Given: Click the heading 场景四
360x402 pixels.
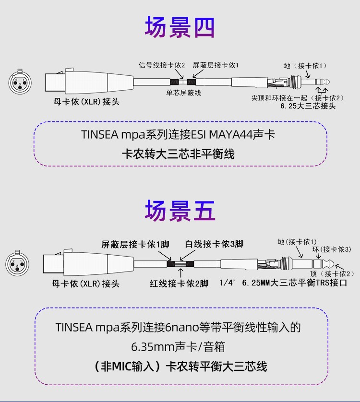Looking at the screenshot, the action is click(180, 27).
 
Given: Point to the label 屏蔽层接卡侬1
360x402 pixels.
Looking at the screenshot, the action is click(216, 65).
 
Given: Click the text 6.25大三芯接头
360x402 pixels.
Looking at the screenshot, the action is click(308, 106).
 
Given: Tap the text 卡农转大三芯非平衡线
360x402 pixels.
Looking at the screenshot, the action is click(180, 154).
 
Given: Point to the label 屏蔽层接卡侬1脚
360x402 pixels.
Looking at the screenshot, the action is click(135, 244).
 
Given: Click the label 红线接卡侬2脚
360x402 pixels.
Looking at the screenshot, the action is click(179, 283).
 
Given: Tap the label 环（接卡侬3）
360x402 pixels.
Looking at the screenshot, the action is click(332, 249).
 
